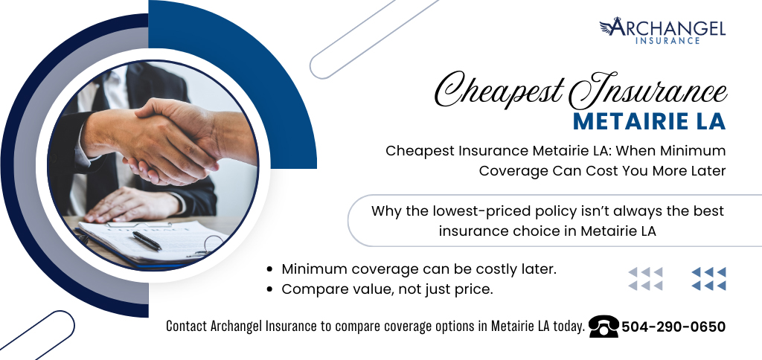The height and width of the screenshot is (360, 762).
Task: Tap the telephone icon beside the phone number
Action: coord(603,327)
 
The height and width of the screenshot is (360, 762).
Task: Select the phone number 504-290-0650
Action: coord(673,327)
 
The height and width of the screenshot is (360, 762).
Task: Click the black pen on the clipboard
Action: coord(147,241)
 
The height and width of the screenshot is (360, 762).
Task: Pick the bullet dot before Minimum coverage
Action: coord(269,270)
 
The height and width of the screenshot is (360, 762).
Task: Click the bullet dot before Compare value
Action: coord(269,289)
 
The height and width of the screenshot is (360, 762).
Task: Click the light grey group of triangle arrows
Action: coord(645,279)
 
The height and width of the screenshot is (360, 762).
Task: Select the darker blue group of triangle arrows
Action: coord(708,279)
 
